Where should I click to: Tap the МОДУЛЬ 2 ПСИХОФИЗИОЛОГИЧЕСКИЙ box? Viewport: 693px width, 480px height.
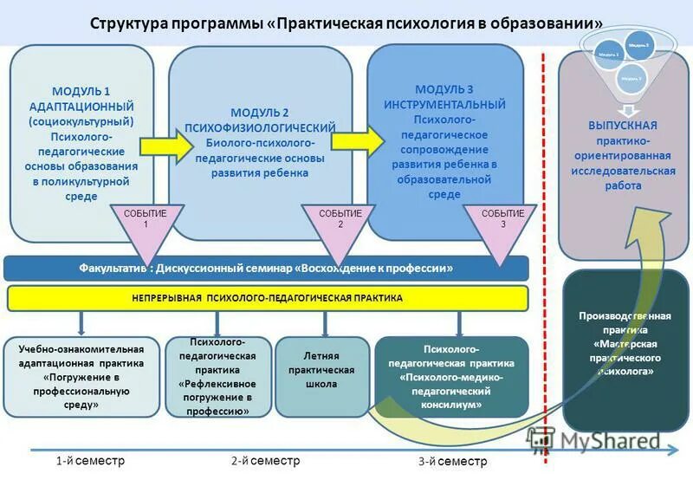tap(259, 143)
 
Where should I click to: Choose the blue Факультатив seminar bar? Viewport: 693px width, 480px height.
tap(266, 269)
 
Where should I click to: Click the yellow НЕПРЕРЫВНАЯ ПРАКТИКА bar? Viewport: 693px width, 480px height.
tap(267, 298)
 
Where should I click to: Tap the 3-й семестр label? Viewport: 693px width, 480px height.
tap(452, 462)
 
